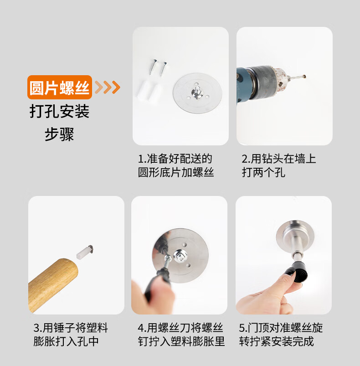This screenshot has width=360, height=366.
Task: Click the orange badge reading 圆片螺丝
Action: (x=60, y=88)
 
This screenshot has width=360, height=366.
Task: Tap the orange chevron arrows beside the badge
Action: (x=108, y=88)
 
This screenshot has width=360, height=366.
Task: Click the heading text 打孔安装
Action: (x=60, y=111)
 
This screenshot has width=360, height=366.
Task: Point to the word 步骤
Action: (x=59, y=134)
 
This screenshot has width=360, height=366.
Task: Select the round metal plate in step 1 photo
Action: (x=197, y=93)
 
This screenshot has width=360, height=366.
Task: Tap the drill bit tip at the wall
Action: (x=304, y=76)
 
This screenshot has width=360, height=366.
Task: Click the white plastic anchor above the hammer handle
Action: (x=84, y=252)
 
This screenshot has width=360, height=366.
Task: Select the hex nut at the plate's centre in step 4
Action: (x=180, y=256)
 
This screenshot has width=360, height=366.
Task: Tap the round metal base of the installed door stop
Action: (x=295, y=235)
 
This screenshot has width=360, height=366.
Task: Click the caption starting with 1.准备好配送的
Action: (x=176, y=165)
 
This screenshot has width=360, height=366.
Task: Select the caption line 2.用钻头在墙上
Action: (x=278, y=159)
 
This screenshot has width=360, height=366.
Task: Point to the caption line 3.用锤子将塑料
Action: (x=71, y=328)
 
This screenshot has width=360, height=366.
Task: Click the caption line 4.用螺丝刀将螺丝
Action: (x=180, y=328)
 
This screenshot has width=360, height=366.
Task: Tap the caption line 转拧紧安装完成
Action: (x=276, y=341)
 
